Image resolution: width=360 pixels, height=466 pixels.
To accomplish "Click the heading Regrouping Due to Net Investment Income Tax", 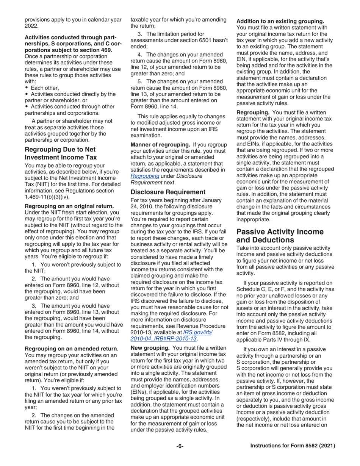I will tap(60, 153).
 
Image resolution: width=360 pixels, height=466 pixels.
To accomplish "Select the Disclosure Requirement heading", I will tap(168, 192).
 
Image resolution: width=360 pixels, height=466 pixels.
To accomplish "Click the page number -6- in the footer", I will tap(180, 446).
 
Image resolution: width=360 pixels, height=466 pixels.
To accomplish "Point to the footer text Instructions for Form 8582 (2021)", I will tap(293, 446).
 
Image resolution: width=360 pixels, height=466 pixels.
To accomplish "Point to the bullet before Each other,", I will tap(26, 88).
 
